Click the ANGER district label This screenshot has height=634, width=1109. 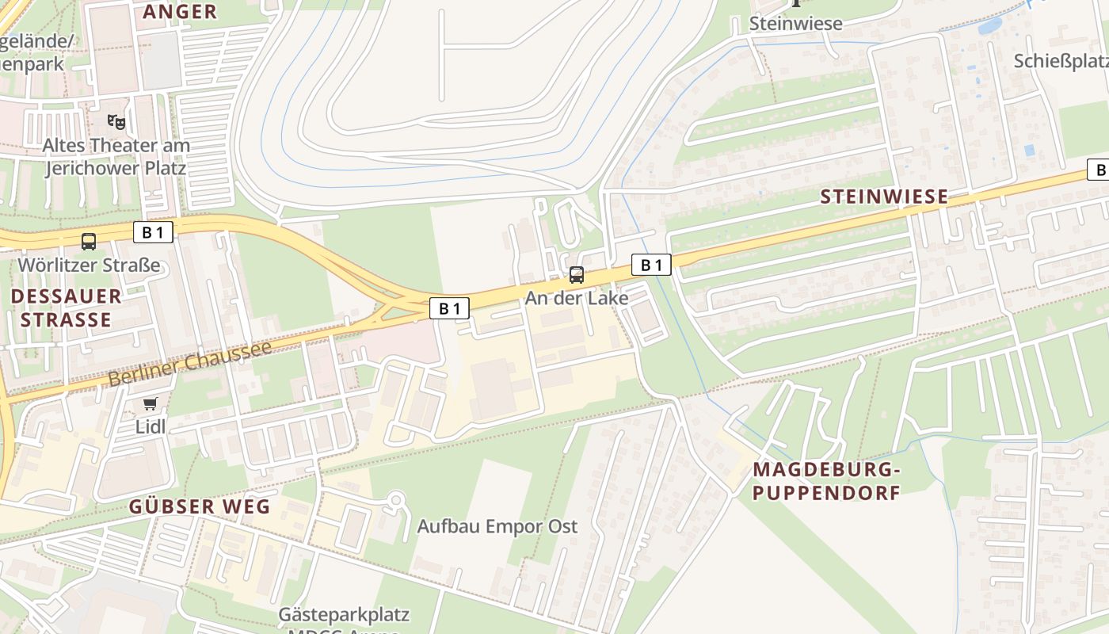[180, 11]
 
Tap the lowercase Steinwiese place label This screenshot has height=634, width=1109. [795, 24]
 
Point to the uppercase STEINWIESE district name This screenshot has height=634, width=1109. [883, 197]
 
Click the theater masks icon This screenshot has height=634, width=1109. [116, 121]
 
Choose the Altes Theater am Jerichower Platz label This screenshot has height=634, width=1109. [116, 157]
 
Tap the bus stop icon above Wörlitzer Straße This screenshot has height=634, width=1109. [89, 242]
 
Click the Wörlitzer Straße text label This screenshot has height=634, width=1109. [89, 265]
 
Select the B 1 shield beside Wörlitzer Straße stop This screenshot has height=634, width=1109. [153, 232]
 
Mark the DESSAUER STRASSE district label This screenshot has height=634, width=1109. [67, 308]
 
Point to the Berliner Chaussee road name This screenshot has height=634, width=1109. [190, 363]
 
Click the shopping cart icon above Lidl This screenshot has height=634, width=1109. [151, 404]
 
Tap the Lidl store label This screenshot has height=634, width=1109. [151, 426]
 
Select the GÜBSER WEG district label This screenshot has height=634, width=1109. [200, 506]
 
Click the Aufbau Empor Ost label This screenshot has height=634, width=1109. [497, 526]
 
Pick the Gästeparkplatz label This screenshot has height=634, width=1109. [344, 615]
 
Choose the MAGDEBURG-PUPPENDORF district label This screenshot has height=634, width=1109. [826, 481]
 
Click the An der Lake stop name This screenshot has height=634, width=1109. [577, 298]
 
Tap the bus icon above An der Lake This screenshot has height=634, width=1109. [577, 275]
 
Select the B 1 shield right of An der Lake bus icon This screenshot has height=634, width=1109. [651, 265]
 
